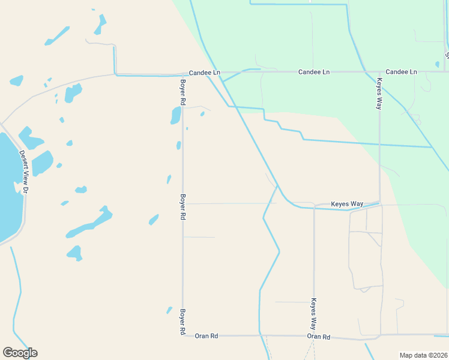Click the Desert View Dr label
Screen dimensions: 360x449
(25, 171)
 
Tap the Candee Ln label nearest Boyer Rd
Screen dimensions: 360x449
(205, 73)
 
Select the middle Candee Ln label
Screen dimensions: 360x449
(314, 72)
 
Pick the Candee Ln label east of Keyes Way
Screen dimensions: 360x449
(401, 72)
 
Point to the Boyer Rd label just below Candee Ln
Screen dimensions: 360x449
(182, 91)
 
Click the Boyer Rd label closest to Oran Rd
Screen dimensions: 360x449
(182, 321)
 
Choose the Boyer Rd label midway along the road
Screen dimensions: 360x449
(182, 206)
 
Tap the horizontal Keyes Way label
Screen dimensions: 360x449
(348, 204)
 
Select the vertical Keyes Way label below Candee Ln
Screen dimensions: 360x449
(379, 93)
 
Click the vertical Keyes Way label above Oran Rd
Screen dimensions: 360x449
(313, 314)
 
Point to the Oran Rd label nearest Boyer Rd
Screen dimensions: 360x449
(206, 336)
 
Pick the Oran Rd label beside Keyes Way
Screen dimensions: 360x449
(319, 337)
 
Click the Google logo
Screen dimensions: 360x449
(20, 353)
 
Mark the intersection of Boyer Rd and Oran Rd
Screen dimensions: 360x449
(182, 335)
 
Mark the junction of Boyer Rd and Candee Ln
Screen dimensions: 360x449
(182, 76)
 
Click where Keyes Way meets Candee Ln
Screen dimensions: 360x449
(379, 72)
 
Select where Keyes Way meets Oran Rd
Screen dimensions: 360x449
(313, 336)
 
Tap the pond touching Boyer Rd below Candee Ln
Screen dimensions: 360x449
(176, 115)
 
